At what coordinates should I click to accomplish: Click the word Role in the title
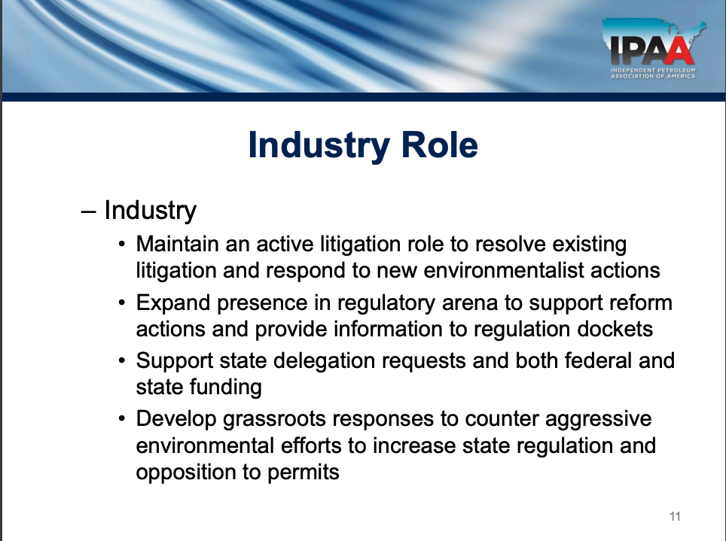pos(439,145)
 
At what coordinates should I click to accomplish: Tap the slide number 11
pos(675,516)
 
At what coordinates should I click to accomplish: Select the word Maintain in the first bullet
pos(177,244)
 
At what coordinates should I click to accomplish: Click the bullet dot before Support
pos(122,360)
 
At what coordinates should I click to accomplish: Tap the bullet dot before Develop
pos(122,419)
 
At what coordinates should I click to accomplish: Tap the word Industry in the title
pos(319,146)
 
